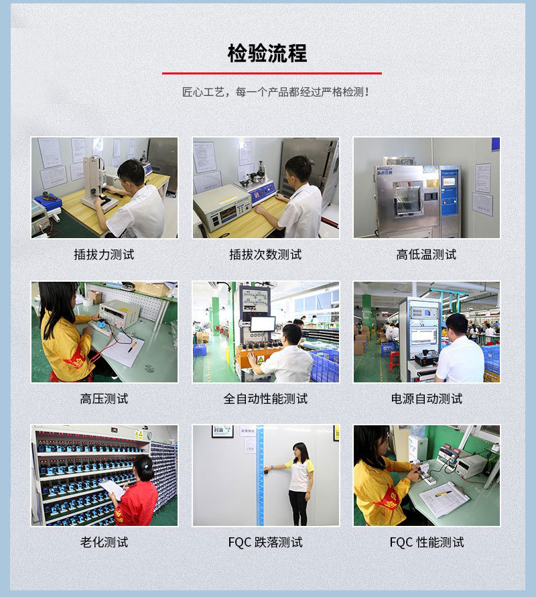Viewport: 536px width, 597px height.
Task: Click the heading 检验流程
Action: point(267,53)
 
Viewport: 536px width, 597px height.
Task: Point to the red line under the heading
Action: point(271,73)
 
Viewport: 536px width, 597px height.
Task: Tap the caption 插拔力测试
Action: point(104,254)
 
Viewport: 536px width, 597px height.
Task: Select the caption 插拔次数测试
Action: point(265,254)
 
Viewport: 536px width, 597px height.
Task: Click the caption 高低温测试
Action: point(426,254)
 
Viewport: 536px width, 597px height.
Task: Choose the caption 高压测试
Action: point(104,398)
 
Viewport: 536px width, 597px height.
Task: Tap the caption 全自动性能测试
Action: point(265,398)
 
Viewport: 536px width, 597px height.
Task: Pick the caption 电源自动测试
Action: point(426,398)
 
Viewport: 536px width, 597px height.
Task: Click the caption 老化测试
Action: point(104,542)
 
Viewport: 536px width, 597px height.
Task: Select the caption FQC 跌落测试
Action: point(265,542)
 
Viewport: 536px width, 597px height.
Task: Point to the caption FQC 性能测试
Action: point(426,542)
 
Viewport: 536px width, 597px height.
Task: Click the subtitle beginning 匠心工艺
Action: point(275,92)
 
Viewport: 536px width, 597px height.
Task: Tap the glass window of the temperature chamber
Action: point(408,199)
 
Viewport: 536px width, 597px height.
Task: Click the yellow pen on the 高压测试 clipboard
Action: point(132,347)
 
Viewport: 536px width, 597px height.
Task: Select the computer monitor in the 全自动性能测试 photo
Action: point(263,324)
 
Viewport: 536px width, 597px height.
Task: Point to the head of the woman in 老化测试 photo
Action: point(143,468)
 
